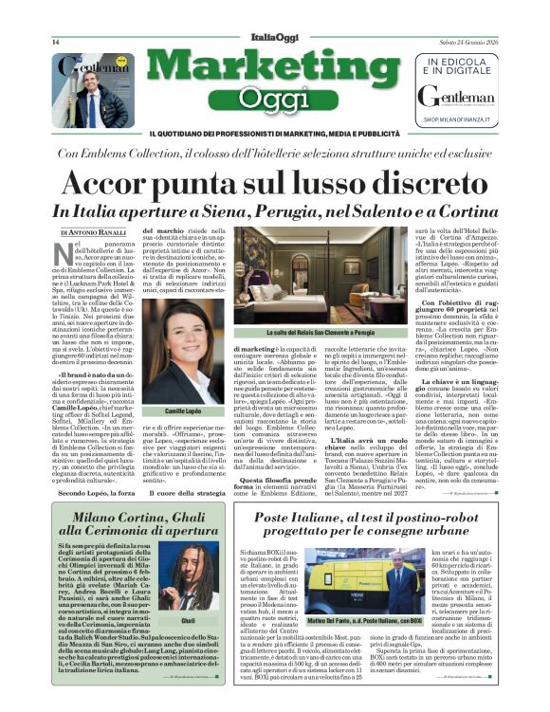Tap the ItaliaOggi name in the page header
274,35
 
